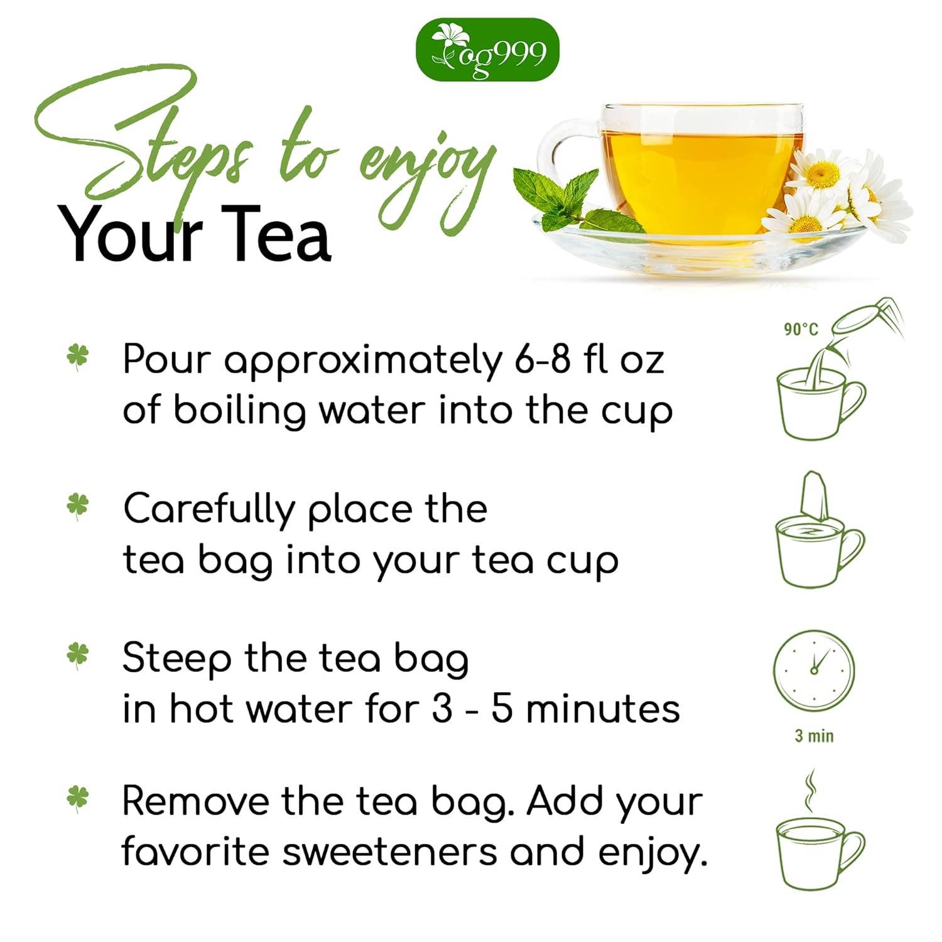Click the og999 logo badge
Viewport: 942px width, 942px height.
487,50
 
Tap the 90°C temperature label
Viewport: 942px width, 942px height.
801,328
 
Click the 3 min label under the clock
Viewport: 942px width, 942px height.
814,735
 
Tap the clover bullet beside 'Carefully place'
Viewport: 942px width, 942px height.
78,506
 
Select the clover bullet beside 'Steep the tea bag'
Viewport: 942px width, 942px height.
78,656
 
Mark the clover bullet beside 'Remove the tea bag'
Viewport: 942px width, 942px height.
78,799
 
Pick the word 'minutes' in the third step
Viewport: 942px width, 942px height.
603,709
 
